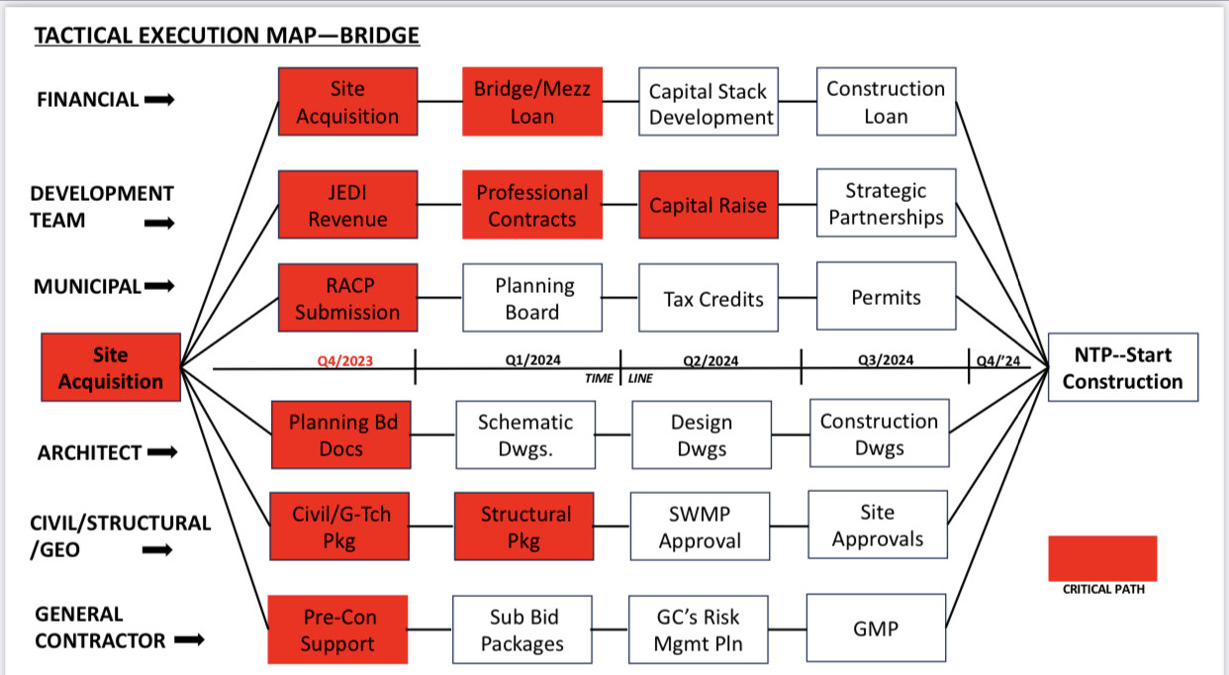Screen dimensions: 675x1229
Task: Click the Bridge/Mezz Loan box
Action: (x=532, y=102)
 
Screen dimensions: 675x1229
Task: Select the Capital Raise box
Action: (x=708, y=205)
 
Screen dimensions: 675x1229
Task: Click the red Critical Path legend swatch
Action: (x=1102, y=557)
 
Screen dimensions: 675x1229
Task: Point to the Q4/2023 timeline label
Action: (x=344, y=361)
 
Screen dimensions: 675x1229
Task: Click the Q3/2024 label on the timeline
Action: (x=885, y=360)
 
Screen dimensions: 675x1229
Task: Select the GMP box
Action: (x=876, y=628)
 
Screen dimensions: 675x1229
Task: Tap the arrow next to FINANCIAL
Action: (x=159, y=99)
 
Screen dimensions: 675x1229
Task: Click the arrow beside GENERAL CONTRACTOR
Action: (x=189, y=640)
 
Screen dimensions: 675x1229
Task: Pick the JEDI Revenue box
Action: (x=347, y=205)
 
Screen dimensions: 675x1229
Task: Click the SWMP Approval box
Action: (x=700, y=528)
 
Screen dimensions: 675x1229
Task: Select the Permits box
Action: (x=886, y=298)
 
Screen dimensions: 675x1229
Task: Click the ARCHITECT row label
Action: (x=89, y=453)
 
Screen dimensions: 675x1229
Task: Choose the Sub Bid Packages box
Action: (x=522, y=630)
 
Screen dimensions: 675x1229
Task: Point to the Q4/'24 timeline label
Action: (x=997, y=361)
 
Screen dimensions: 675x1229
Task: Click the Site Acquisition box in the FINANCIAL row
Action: (x=347, y=102)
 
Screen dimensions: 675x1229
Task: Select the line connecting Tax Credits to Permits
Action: (x=797, y=297)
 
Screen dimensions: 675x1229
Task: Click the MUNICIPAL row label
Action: (x=87, y=287)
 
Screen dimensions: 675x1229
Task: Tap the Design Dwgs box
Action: (x=702, y=435)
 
